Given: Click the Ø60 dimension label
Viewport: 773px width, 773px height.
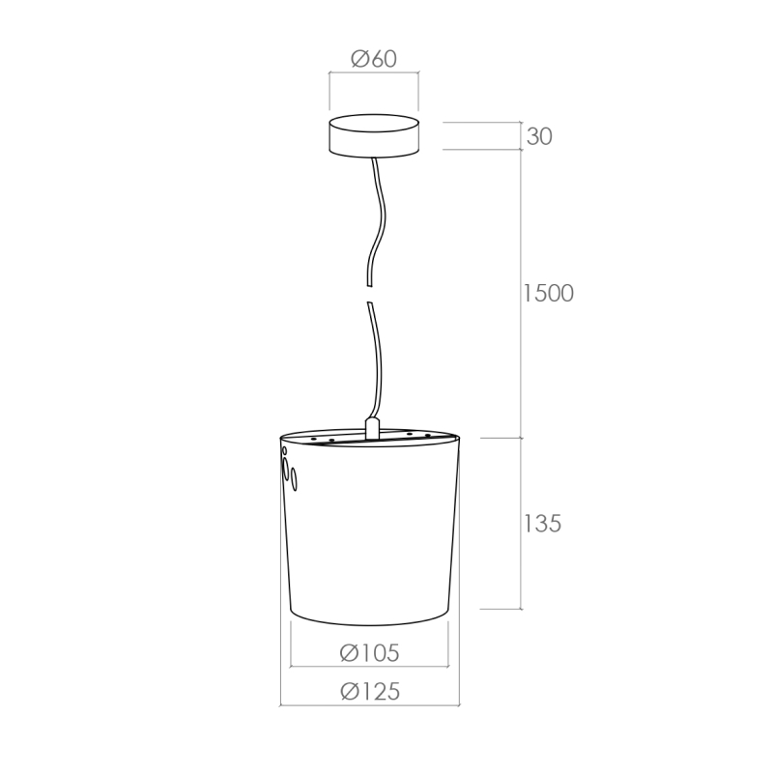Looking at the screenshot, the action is (374, 59).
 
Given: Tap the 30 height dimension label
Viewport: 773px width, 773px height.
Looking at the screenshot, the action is (539, 136).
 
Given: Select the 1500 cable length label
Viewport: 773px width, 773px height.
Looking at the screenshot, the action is (548, 293).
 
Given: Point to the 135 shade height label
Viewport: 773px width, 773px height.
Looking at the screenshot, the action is (542, 523).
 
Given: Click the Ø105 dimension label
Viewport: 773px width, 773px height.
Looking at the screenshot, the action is (369, 653).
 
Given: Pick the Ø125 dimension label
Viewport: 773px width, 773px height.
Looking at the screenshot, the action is (370, 691).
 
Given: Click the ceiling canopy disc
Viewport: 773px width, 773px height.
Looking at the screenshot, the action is (374, 136).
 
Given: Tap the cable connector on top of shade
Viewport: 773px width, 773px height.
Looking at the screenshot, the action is (372, 428).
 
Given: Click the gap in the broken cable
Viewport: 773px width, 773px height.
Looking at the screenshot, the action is (369, 295).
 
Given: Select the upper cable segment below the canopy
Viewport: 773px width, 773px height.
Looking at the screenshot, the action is (380, 222).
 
